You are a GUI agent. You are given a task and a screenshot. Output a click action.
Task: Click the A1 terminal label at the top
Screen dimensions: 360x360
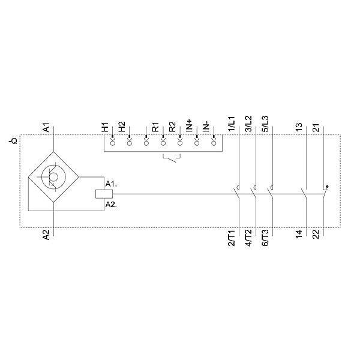pyautogui.click(x=46, y=127)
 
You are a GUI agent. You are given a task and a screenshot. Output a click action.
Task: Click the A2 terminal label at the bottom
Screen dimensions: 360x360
pyautogui.click(x=46, y=235)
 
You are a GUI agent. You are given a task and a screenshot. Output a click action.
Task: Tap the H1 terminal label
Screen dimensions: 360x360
pyautogui.click(x=105, y=127)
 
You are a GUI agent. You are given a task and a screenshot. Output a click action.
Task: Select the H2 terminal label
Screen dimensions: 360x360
pyautogui.click(x=122, y=127)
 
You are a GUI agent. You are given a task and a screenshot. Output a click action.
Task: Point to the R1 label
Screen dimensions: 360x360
pyautogui.click(x=155, y=127)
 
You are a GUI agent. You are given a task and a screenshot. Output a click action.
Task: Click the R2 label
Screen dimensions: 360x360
pyautogui.click(x=172, y=127)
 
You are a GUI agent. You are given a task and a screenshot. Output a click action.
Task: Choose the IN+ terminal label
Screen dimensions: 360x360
pyautogui.click(x=189, y=125)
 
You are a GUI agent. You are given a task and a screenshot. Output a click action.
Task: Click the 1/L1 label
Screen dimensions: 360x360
pyautogui.click(x=232, y=124)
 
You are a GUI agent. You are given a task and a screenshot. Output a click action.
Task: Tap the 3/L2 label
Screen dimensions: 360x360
pyautogui.click(x=248, y=124)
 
